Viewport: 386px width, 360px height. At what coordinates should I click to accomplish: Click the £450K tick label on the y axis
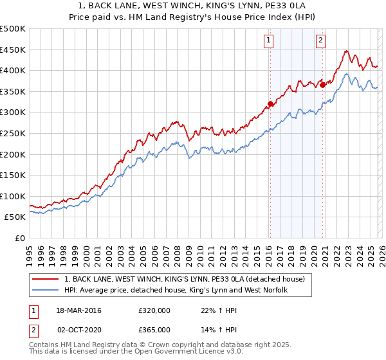coord(13,50)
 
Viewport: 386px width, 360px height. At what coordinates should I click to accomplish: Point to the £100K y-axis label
coord(13,196)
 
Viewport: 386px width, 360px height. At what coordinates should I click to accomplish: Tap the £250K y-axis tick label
coord(13,133)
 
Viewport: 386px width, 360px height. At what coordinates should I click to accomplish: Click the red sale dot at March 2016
coord(270,104)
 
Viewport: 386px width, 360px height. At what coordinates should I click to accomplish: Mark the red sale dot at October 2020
coord(322,84)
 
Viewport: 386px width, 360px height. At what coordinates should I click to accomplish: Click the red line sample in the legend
coord(46,280)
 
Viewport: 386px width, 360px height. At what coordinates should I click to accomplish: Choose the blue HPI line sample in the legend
coord(46,291)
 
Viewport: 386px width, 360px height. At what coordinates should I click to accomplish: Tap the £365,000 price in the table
coord(154,329)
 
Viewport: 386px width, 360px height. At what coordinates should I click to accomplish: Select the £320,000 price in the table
coord(154,311)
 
